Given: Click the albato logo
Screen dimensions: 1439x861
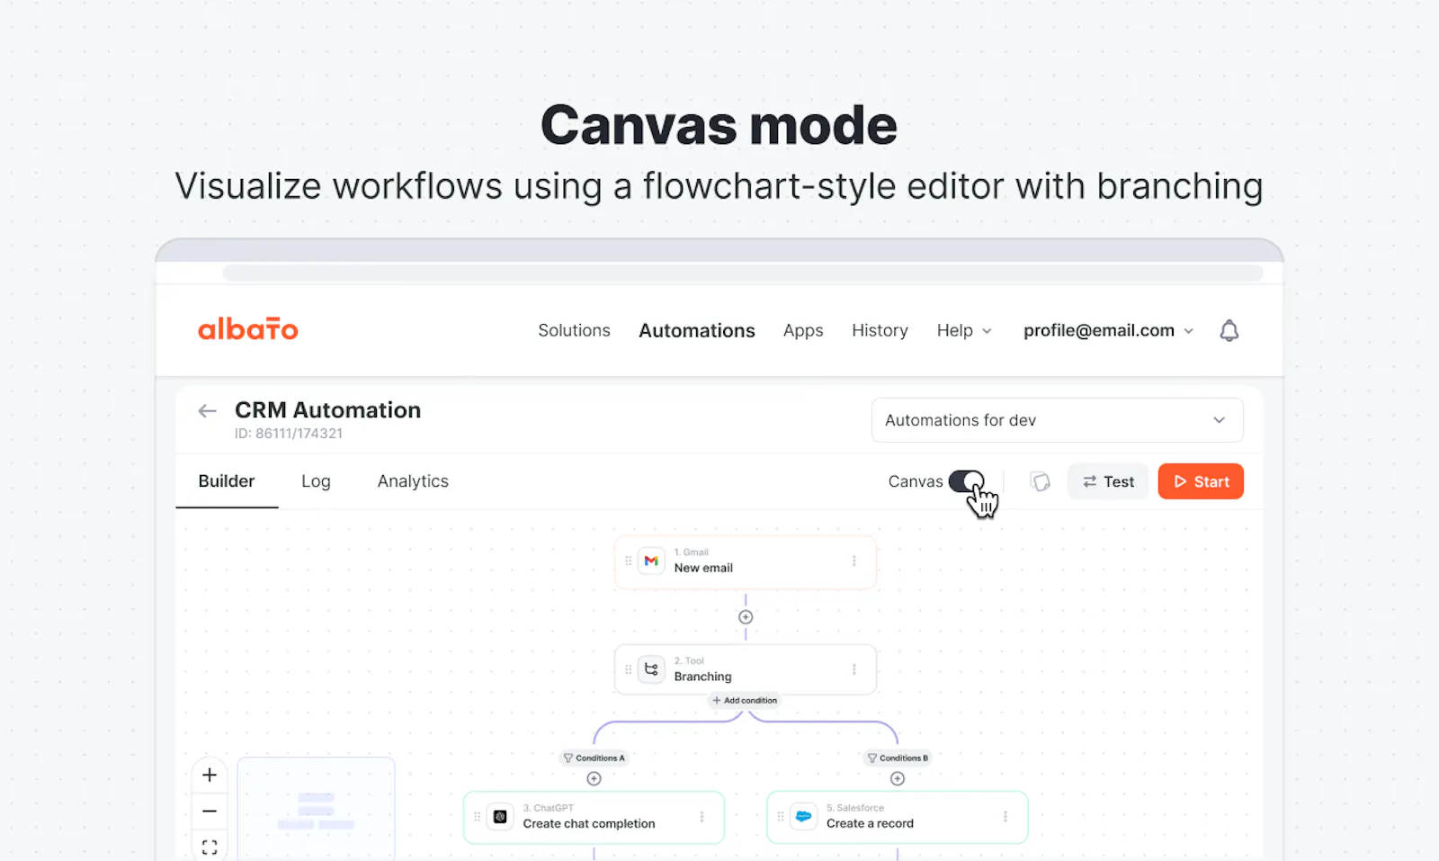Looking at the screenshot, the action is click(248, 329).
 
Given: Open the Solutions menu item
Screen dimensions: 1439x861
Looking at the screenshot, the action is click(574, 330).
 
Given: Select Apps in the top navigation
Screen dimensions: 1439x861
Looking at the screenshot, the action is click(803, 331).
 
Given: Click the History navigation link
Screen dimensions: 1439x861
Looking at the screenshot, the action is click(880, 330).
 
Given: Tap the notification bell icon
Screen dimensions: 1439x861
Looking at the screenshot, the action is click(1229, 330).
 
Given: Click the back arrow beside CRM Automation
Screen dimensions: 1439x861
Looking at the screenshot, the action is click(207, 410).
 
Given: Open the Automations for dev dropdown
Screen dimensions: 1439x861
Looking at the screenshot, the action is click(1057, 420).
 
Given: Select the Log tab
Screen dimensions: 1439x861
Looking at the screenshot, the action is click(316, 481).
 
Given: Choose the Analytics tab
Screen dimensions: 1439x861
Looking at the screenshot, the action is click(413, 481).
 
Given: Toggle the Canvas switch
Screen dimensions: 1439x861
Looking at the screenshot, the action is click(966, 481).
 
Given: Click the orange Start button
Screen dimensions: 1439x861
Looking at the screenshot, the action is click(1200, 481).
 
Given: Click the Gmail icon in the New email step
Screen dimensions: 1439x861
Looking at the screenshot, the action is click(651, 561).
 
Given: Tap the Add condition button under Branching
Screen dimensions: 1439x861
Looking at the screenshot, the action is click(745, 700).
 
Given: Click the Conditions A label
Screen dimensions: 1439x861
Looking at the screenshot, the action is click(594, 758).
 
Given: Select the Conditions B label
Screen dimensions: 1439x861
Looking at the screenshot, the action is click(898, 758).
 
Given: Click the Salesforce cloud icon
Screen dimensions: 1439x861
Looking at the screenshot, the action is click(803, 817).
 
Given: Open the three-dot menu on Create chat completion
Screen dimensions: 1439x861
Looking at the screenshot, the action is click(702, 817).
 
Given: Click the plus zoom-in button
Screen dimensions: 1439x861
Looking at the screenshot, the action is click(210, 775).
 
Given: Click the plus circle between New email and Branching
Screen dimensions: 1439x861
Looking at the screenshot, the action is click(746, 617).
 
